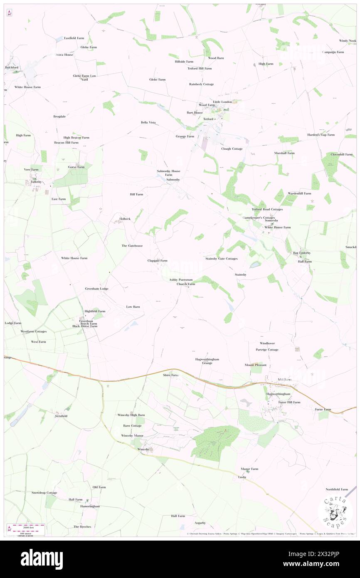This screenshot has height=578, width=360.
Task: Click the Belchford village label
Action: point(12,67)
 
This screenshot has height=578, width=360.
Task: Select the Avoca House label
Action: point(64,54)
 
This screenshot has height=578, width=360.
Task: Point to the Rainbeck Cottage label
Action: point(201,84)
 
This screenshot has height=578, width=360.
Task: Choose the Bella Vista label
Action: point(148,122)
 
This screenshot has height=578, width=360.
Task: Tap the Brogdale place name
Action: point(59,116)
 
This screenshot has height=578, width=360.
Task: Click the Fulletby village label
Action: point(35,182)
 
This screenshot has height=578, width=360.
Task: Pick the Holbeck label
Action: point(125,219)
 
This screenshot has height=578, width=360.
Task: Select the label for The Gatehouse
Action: point(132,246)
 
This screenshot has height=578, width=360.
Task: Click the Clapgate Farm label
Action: point(157,261)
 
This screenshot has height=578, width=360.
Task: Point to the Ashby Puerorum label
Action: point(181,280)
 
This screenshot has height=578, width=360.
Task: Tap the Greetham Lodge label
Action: point(96,289)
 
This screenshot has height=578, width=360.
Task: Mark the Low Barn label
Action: point(133,306)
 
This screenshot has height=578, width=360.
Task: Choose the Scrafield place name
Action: point(61,416)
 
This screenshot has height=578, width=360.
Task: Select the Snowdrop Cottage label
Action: point(44,493)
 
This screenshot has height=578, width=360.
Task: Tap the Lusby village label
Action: point(242,477)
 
